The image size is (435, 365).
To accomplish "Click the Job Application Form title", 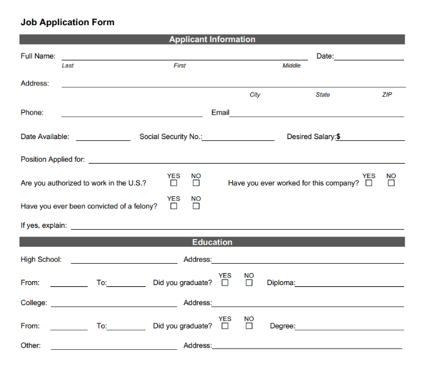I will [67, 22].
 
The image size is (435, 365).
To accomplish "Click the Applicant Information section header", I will [212, 39].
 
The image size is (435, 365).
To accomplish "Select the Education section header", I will [212, 242].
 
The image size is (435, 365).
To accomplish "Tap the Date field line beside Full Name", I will [369, 59].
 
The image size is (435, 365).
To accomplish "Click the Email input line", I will [317, 116].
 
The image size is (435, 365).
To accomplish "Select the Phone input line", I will [132, 116].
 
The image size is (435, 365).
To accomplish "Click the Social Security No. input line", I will [239, 140].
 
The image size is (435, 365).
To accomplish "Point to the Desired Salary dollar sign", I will [339, 137].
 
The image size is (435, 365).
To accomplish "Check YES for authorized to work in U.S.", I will [174, 183].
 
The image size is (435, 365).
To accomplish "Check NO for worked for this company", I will [392, 183].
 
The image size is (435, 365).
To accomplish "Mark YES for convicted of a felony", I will [174, 206].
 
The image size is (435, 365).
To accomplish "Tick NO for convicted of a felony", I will [196, 206].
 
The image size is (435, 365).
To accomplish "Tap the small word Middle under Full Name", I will [291, 65].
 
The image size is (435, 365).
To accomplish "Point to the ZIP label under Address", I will [387, 94].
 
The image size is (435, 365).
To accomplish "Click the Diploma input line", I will [349, 286].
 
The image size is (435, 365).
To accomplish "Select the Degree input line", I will [349, 329].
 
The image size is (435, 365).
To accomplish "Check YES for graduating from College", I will [225, 326].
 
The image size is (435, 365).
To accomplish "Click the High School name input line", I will [124, 262].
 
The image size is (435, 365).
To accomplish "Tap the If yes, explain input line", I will [237, 228].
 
